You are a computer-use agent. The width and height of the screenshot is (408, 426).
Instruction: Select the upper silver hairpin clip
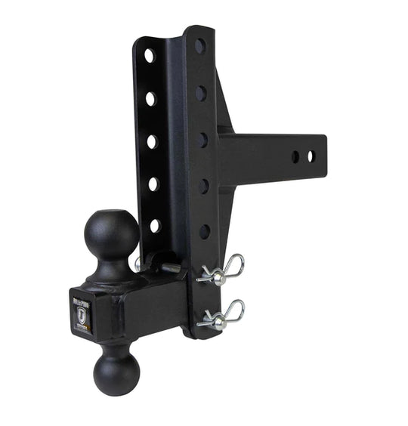pyautogui.click(x=224, y=270)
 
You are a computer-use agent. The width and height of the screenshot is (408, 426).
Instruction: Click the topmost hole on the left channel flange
pyautogui.click(x=149, y=55)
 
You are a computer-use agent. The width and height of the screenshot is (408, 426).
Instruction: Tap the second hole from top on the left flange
pyautogui.click(x=150, y=98)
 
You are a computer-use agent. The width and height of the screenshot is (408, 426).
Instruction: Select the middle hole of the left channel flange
pyautogui.click(x=152, y=141)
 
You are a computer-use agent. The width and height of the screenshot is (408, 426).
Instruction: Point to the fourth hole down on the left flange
pyautogui.click(x=153, y=184)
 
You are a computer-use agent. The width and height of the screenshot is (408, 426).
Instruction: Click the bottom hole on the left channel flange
pyautogui.click(x=155, y=225)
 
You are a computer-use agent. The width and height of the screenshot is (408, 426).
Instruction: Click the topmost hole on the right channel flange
pyautogui.click(x=199, y=47)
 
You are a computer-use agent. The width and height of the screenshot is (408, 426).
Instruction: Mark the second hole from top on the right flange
pyautogui.click(x=201, y=94)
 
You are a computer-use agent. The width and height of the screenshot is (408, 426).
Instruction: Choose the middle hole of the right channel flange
pyautogui.click(x=202, y=140)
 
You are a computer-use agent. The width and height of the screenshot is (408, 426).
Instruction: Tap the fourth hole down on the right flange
pyautogui.click(x=203, y=186)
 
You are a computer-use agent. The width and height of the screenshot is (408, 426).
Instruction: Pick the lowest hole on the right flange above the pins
pyautogui.click(x=205, y=231)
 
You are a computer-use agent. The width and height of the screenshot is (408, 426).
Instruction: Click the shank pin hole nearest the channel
pyautogui.click(x=295, y=156)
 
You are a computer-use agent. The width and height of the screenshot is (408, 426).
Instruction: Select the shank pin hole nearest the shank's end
pyautogui.click(x=310, y=156)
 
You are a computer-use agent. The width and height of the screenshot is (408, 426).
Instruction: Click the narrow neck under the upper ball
pyautogui.click(x=112, y=269)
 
